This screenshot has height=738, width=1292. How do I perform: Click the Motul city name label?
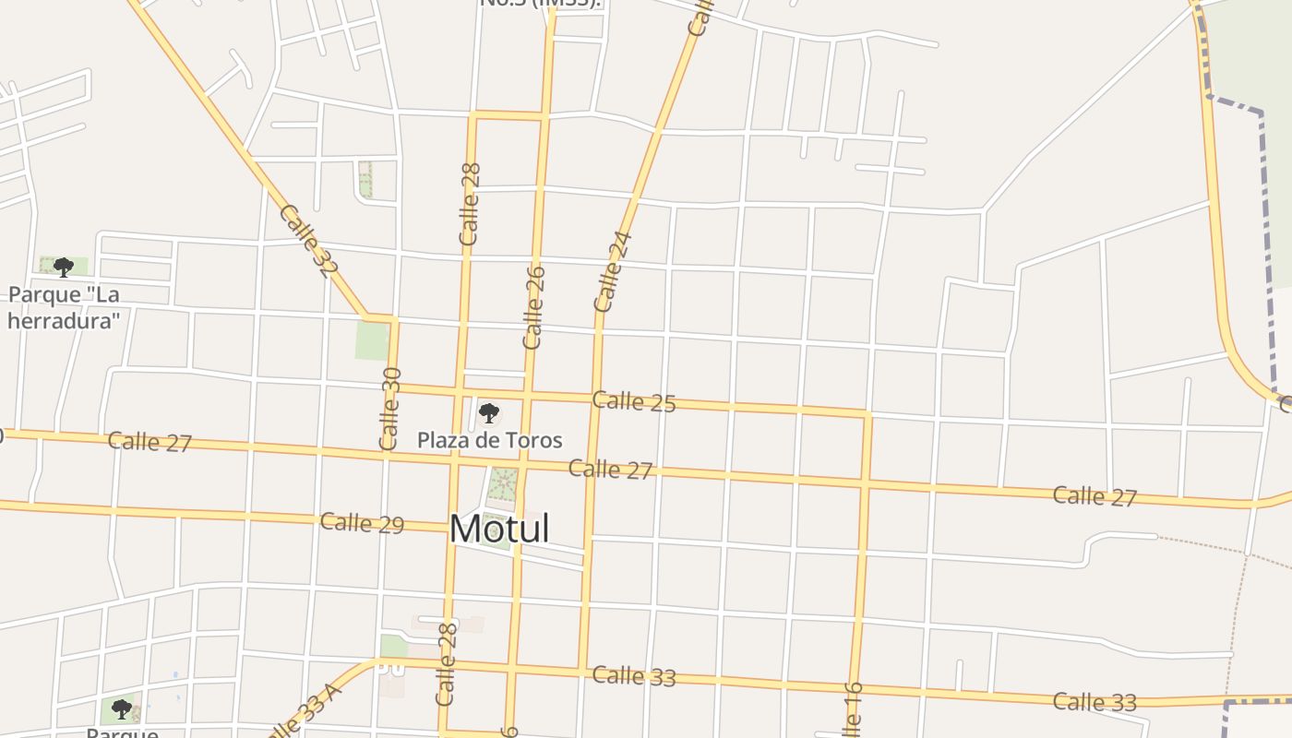[499, 529]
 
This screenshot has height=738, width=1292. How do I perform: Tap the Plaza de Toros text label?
[489, 440]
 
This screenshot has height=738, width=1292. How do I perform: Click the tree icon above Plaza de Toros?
[489, 413]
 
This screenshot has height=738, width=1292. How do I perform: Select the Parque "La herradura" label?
[64, 307]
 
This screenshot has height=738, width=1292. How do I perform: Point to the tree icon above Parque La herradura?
[64, 268]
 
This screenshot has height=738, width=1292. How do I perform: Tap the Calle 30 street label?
[390, 409]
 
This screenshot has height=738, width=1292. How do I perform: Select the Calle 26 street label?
[534, 307]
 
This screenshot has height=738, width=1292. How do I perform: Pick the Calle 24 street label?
[614, 271]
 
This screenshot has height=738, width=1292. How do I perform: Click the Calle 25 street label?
[634, 401]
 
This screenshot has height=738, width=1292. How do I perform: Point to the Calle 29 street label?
[362, 523]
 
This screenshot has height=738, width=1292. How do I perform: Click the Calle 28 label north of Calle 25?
[470, 204]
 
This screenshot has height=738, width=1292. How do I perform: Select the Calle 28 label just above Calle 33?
[447, 664]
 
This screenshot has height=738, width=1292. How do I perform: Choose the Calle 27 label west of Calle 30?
[150, 442]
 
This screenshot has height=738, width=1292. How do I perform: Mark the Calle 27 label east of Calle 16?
[1095, 496]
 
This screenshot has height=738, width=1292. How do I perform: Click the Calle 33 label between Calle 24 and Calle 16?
[634, 676]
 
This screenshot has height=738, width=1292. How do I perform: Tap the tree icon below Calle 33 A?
[121, 708]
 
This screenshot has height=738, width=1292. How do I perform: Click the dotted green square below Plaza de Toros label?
[503, 483]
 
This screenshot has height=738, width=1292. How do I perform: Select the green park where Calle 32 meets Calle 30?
[372, 340]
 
